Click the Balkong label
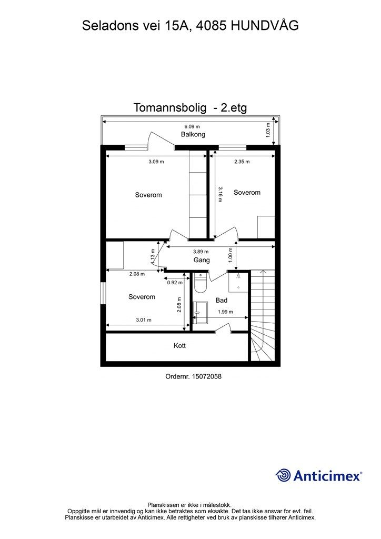[x=193, y=135]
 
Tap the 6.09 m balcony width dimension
[x=192, y=126]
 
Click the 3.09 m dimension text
[x=156, y=162]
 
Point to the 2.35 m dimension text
[x=242, y=162]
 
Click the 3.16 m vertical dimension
[x=220, y=194]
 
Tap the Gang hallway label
[x=202, y=260]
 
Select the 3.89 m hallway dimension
[x=200, y=252]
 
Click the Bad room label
[x=222, y=301]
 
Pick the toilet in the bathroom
[x=200, y=283]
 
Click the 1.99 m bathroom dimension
[x=225, y=312]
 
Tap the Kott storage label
[x=180, y=346]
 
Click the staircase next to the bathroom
[x=262, y=316]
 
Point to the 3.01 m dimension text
[x=144, y=320]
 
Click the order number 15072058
[x=190, y=377]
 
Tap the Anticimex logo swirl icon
[x=283, y=475]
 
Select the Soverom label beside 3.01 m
[x=142, y=297]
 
